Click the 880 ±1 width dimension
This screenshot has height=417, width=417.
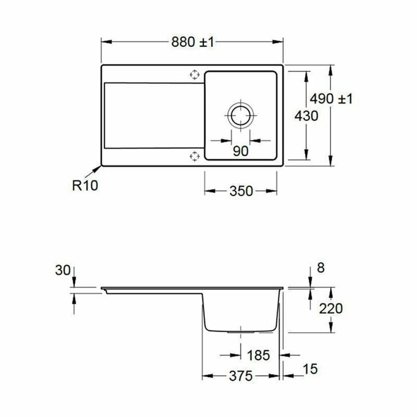192,42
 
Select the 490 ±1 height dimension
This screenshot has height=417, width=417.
331,99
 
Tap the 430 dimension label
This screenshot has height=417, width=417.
306,116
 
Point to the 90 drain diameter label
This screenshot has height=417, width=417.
241,151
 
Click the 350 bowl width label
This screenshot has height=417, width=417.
241,191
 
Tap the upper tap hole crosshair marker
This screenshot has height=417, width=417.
194,75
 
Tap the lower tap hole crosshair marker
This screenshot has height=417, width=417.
194,156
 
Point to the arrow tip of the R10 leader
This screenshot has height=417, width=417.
100,167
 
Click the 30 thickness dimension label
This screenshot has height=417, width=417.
63,270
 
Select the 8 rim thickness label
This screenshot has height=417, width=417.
320,268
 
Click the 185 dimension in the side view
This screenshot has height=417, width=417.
259,355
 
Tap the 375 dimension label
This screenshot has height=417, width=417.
241,376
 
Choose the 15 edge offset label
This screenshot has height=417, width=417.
310,369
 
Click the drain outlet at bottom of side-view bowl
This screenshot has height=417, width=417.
241,332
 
